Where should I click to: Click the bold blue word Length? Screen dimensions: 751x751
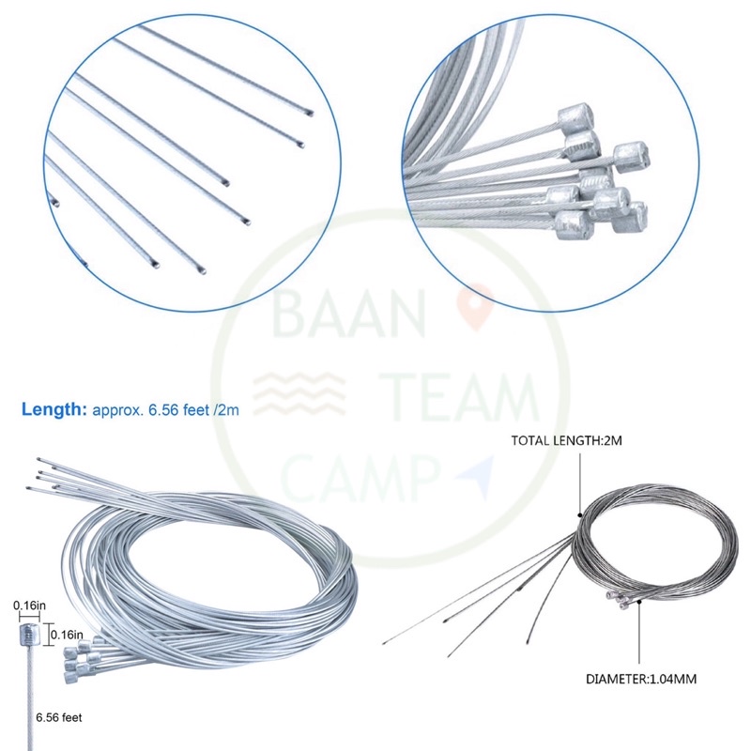click(54, 409)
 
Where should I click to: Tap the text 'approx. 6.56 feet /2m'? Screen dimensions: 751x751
click(165, 410)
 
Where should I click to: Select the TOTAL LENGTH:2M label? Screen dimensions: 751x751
click(566, 440)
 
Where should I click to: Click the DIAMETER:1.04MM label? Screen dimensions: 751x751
click(641, 679)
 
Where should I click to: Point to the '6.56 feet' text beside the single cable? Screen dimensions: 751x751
click(59, 717)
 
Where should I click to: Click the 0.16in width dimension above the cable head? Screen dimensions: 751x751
click(29, 605)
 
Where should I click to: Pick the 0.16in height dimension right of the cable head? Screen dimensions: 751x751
click(67, 636)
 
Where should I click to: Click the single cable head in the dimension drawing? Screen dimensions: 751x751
click(29, 636)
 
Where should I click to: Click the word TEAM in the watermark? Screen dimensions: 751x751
click(460, 397)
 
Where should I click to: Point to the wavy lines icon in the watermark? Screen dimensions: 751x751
click(299, 393)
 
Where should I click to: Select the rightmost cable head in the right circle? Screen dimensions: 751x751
click(632, 157)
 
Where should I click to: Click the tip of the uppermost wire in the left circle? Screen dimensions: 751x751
click(310, 114)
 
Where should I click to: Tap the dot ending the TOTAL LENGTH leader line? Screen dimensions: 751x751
click(580, 515)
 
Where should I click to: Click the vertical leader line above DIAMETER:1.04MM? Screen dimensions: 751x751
click(639, 633)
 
